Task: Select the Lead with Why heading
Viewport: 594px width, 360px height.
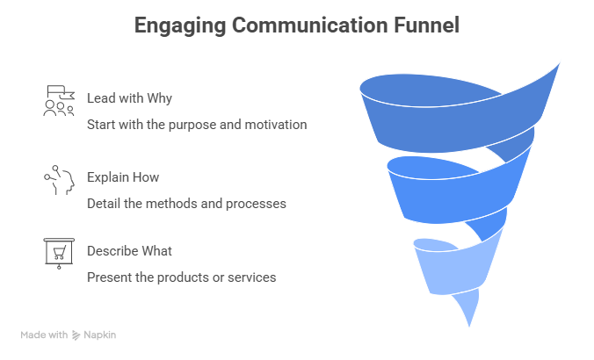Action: click(123, 97)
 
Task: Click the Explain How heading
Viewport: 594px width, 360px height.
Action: click(122, 176)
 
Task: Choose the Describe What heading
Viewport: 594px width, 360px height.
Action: click(129, 251)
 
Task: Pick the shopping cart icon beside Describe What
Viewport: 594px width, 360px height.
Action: click(59, 252)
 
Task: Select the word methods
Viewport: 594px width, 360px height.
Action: click(170, 204)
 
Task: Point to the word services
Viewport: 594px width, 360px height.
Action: click(251, 277)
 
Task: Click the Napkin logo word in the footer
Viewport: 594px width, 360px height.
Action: click(100, 335)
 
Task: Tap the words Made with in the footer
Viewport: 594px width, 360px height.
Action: click(45, 335)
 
